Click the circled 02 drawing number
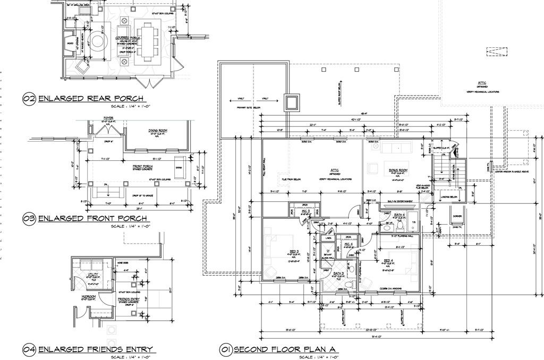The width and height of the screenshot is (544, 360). (29, 99)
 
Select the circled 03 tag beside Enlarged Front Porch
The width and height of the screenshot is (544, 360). (29, 219)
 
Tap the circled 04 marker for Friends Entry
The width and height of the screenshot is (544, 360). (29, 349)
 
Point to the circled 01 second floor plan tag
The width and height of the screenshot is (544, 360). (225, 349)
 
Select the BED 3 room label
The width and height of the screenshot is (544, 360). (294, 251)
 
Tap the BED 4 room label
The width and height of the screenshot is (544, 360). (388, 260)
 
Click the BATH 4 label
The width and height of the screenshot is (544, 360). (400, 215)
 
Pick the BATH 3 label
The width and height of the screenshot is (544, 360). (338, 273)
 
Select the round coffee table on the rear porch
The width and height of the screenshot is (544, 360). (98, 40)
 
